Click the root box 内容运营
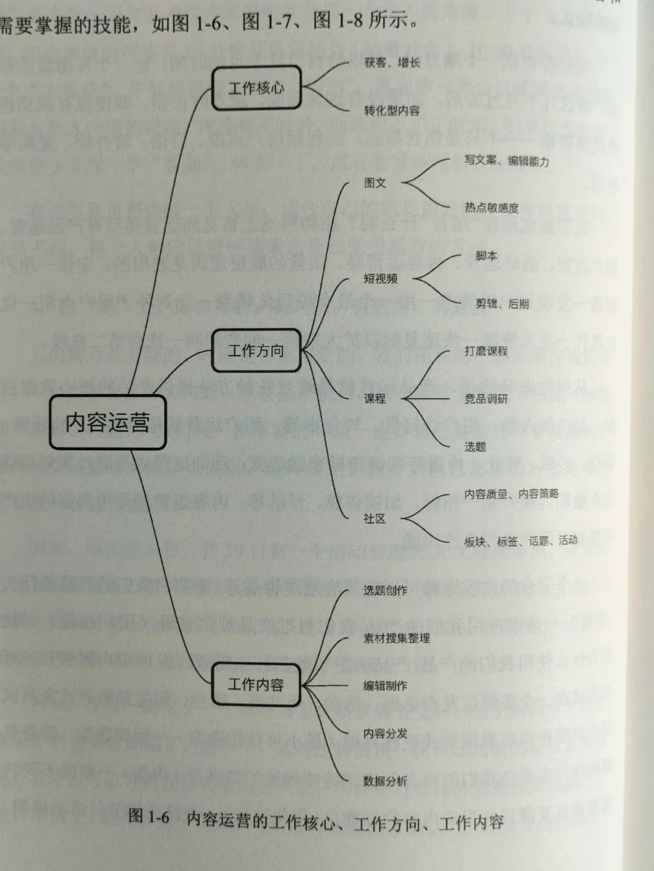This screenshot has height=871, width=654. (108, 422)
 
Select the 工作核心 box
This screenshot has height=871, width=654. (256, 88)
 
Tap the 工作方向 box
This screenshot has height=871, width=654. (256, 350)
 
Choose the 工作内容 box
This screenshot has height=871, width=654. (256, 684)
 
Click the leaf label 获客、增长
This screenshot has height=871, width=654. (392, 62)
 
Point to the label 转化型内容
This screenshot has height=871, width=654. (392, 110)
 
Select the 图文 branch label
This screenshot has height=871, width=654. (375, 182)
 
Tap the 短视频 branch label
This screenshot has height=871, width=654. (380, 278)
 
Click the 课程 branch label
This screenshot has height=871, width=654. (375, 398)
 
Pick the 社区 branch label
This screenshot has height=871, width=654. (374, 518)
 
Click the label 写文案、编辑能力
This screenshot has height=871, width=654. (506, 160)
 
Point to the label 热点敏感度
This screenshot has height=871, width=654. (491, 208)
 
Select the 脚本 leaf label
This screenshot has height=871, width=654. (486, 255)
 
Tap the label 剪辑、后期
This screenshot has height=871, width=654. (502, 303)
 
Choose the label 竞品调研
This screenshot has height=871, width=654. (486, 398)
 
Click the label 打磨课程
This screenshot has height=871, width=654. (486, 350)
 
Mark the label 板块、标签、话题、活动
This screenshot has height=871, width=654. (520, 541)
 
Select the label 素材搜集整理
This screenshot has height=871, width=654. (397, 638)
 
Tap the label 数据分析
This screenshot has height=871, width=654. (385, 781)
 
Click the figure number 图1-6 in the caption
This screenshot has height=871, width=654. (149, 817)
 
